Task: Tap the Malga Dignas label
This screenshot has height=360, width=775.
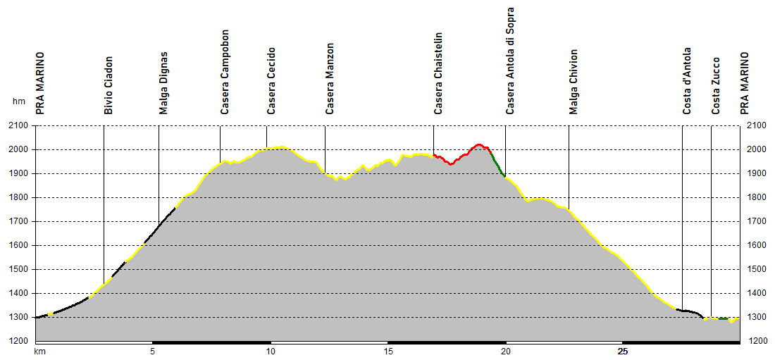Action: click(x=163, y=82)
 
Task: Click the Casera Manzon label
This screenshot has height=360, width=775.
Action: click(x=330, y=79)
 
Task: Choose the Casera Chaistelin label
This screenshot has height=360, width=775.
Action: click(x=438, y=73)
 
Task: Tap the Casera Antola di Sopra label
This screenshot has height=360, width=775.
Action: click(x=510, y=61)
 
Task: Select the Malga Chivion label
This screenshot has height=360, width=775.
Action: click(x=573, y=82)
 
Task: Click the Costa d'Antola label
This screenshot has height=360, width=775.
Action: click(x=687, y=80)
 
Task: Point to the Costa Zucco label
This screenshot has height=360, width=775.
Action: click(x=716, y=85)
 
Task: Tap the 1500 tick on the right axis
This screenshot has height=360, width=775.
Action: click(x=755, y=269)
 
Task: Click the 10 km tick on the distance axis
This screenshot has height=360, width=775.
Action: click(x=270, y=351)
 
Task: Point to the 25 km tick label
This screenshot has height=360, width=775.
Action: click(x=623, y=351)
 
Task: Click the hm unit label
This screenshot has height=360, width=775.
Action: click(x=18, y=101)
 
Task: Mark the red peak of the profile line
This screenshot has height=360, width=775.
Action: click(x=479, y=144)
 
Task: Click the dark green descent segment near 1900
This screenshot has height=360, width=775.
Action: click(x=497, y=163)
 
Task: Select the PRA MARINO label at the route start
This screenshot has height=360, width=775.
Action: click(x=40, y=82)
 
